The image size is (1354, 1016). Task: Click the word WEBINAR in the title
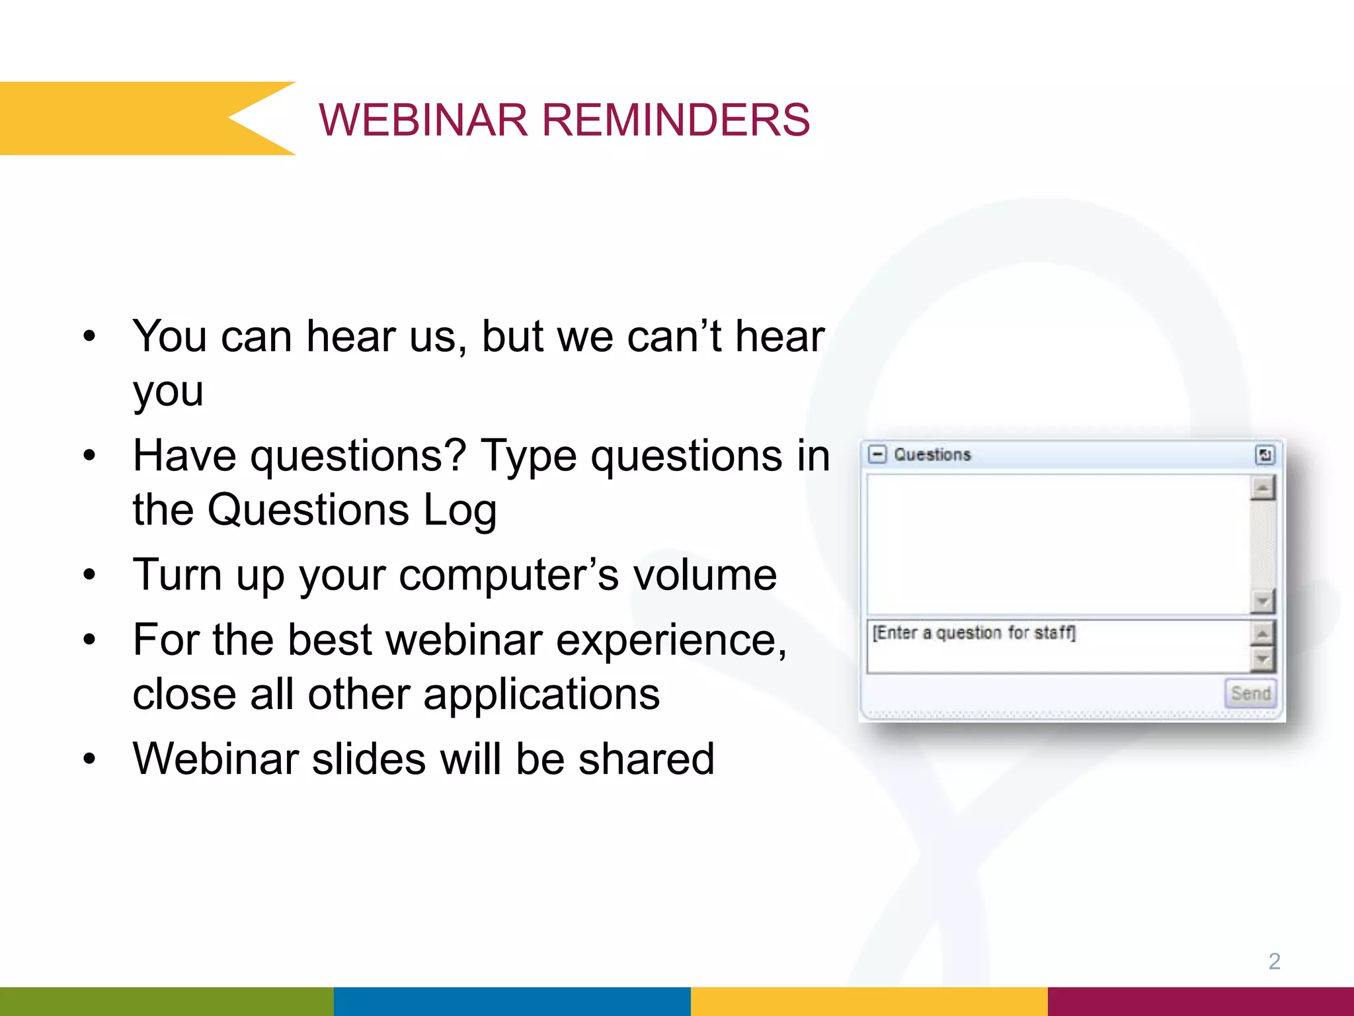pyautogui.click(x=423, y=120)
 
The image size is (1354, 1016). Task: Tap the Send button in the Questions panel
pyautogui.click(x=1250, y=693)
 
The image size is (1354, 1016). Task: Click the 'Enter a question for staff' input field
pyautogui.click(x=1058, y=645)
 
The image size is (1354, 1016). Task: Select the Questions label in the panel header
pyautogui.click(x=932, y=454)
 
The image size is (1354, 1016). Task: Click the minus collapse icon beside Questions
pyautogui.click(x=877, y=454)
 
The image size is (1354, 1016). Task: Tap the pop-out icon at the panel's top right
pyautogui.click(x=1264, y=454)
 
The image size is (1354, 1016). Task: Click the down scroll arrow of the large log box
pyautogui.click(x=1263, y=601)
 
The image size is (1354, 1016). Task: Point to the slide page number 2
pyautogui.click(x=1274, y=961)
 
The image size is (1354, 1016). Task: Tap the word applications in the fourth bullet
pyautogui.click(x=541, y=694)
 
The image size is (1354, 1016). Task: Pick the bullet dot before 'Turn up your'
pyautogui.click(x=90, y=575)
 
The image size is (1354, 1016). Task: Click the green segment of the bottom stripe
pyautogui.click(x=165, y=1001)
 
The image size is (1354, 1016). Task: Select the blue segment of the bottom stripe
pyautogui.click(x=512, y=1001)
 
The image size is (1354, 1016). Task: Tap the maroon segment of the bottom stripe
pyautogui.click(x=1200, y=1001)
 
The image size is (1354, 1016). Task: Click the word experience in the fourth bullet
pyautogui.click(x=671, y=640)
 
